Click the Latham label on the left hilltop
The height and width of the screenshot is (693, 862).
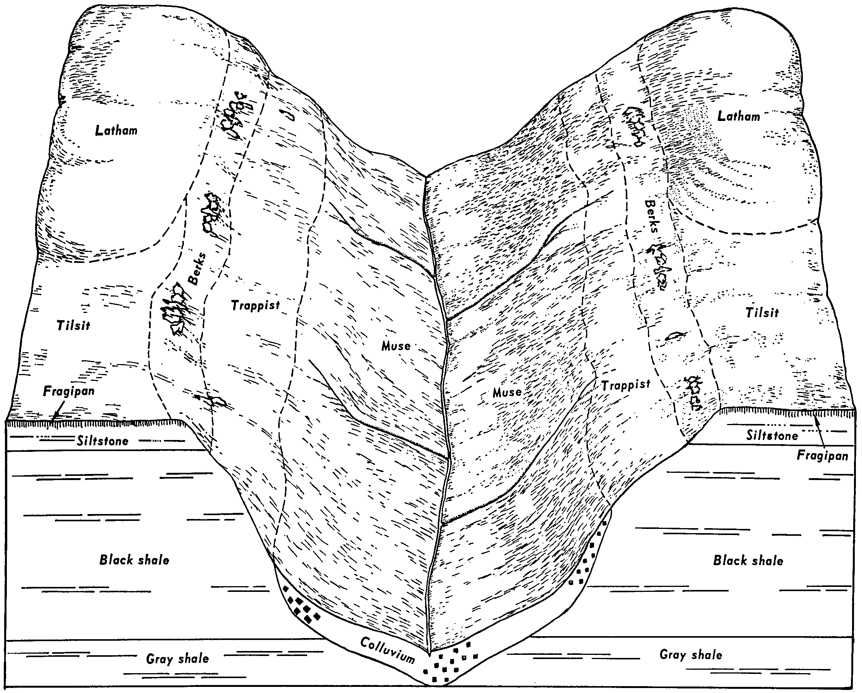pos(116,130)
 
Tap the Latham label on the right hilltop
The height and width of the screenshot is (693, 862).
pos(738,116)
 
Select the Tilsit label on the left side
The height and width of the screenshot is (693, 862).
pos(73,325)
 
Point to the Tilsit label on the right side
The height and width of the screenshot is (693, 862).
pos(762,312)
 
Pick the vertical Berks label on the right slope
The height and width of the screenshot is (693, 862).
pos(651,216)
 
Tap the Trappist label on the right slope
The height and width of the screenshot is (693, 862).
pos(626,385)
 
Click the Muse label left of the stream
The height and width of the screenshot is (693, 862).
pos(396,346)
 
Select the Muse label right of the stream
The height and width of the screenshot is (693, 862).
pos(507,392)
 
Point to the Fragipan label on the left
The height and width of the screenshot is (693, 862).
pos(69,391)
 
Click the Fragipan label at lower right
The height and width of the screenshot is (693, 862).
pos(822,456)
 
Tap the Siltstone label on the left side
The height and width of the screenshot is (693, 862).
pos(103,441)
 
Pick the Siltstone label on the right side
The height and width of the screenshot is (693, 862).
pos(772,435)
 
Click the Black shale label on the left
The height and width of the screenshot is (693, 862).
pos(134,560)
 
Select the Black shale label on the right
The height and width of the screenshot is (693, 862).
pos(748,560)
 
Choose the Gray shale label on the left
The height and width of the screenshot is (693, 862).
pos(177,658)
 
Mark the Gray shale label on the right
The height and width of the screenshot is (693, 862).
pos(691,654)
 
